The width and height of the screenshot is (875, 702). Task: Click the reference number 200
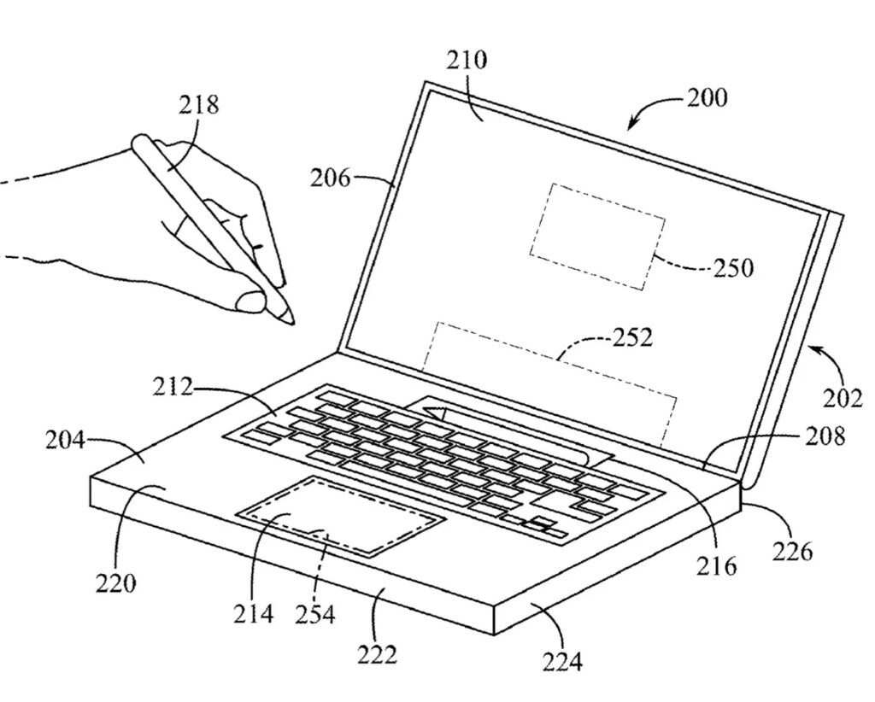707,97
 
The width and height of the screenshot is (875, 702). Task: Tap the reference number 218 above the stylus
198,104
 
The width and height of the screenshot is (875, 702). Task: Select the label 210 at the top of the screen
467,61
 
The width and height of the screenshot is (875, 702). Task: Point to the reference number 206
331,178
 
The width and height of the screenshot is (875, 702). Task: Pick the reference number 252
631,337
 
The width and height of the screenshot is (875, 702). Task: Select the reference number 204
66,441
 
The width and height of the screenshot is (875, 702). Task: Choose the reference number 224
563,660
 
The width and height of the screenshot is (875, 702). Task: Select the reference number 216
716,565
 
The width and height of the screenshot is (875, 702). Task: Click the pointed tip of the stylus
293,322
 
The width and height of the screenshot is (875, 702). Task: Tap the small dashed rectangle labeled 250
597,235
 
